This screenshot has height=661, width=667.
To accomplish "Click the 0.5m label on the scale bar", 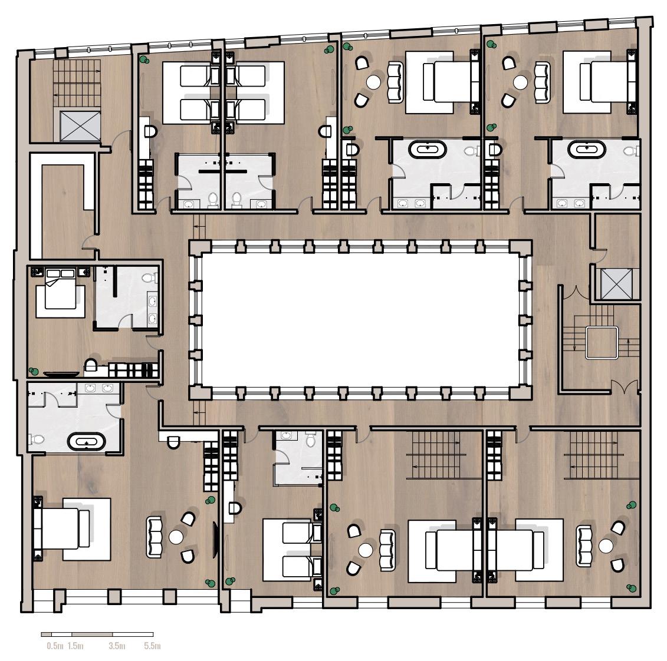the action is coord(55,646).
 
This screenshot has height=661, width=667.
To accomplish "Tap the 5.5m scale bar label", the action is coord(152,646).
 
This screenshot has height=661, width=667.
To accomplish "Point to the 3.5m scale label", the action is coord(117,646).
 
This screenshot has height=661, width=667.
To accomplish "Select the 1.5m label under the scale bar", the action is coord(75,646).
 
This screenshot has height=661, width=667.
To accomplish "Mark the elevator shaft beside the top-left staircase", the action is coord(80,125).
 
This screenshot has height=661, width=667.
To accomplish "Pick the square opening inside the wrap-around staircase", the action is coord(601,342).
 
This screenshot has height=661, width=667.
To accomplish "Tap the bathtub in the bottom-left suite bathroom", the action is coord(86,442).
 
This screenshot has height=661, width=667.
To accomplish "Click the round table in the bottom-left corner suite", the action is coord(176,537).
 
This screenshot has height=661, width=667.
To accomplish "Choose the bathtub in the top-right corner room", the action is coord(587,150).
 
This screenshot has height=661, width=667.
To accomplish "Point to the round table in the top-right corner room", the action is coord(520,82).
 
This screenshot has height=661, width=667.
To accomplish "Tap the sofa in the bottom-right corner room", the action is coord(584,546).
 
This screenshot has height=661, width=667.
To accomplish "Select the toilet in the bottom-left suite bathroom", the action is coord(37,439).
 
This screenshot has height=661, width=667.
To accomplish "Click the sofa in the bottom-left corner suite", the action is coord(154,537).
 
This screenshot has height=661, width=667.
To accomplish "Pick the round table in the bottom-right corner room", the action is coord(606,546).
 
